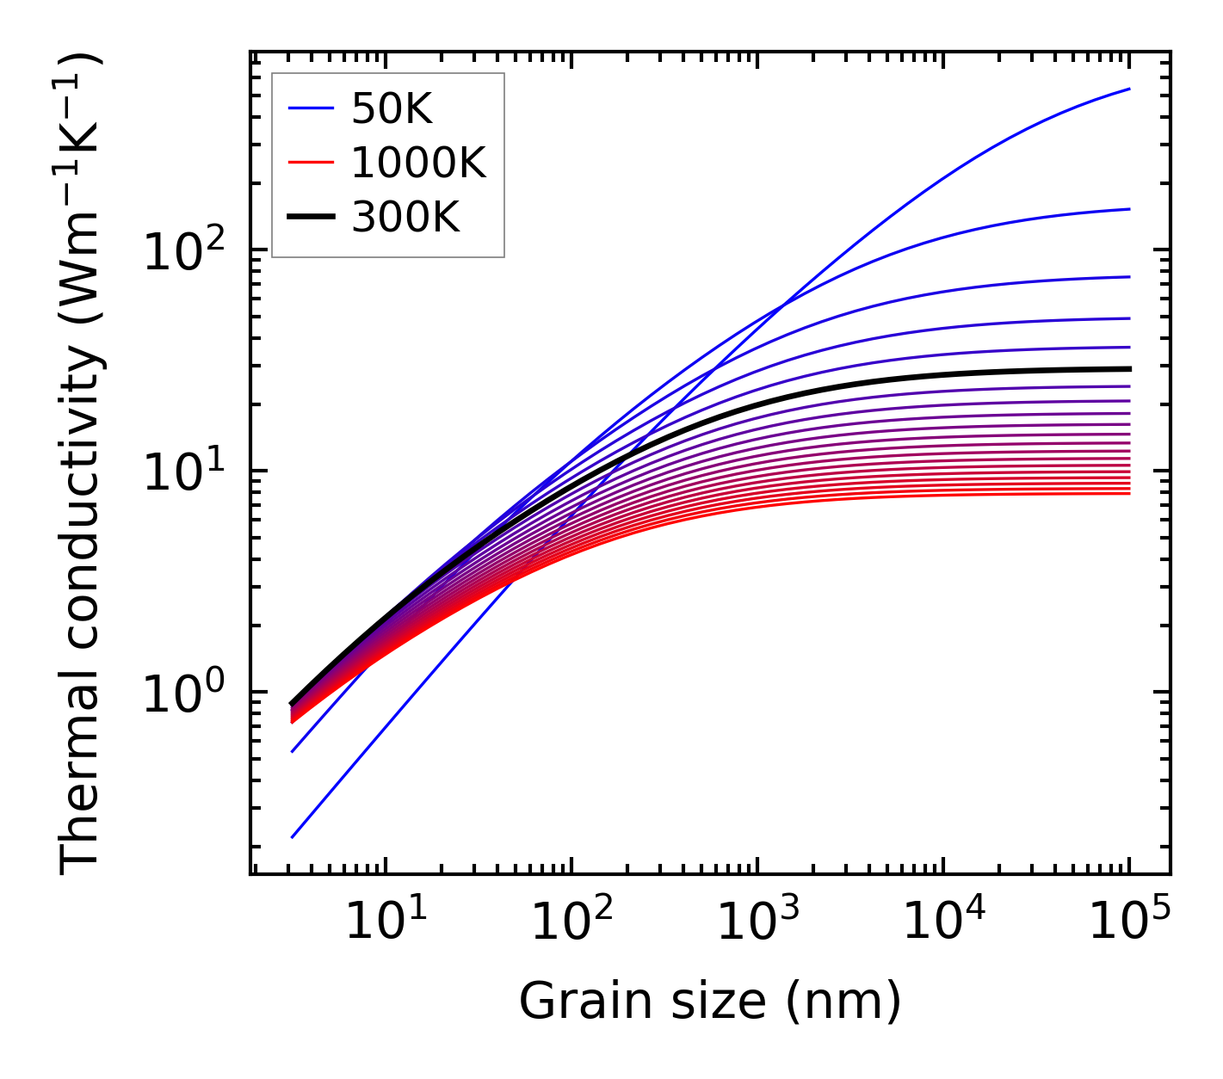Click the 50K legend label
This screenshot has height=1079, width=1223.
pos(392,109)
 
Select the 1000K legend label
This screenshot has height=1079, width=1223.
pos(418,163)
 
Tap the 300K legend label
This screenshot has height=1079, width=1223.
pos(405,218)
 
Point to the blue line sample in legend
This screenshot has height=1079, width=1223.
pos(310,109)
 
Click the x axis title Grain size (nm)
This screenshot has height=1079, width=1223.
pos(710,1002)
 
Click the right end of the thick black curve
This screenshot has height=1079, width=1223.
pos(1129,368)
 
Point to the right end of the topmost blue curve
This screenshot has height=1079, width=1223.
pos(1129,89)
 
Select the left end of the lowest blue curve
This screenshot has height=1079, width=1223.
pos(293,836)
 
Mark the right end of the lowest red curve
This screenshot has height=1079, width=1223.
pos(1129,493)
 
